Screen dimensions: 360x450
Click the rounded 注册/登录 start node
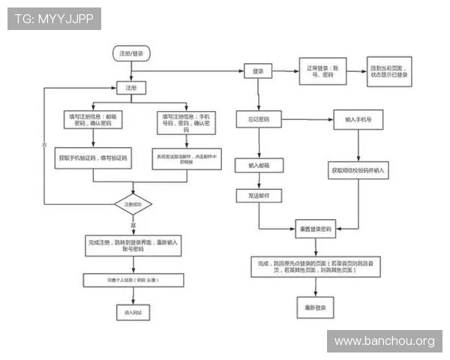[131, 53]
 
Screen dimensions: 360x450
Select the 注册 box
[131, 88]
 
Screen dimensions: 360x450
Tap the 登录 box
[258, 70]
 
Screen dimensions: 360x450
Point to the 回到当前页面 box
[389, 70]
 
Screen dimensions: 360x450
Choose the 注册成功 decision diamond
[133, 204]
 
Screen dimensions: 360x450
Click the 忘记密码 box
[259, 119]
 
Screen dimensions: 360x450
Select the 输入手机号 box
[358, 119]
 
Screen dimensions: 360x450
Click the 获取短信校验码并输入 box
[358, 170]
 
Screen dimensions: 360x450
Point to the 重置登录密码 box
[316, 228]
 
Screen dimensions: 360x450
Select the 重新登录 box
[313, 307]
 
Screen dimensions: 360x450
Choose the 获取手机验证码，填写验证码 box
[92, 159]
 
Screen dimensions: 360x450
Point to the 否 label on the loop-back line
[43, 143]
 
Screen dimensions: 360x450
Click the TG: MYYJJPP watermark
[53, 19]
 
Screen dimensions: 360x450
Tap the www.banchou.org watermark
[384, 341]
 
